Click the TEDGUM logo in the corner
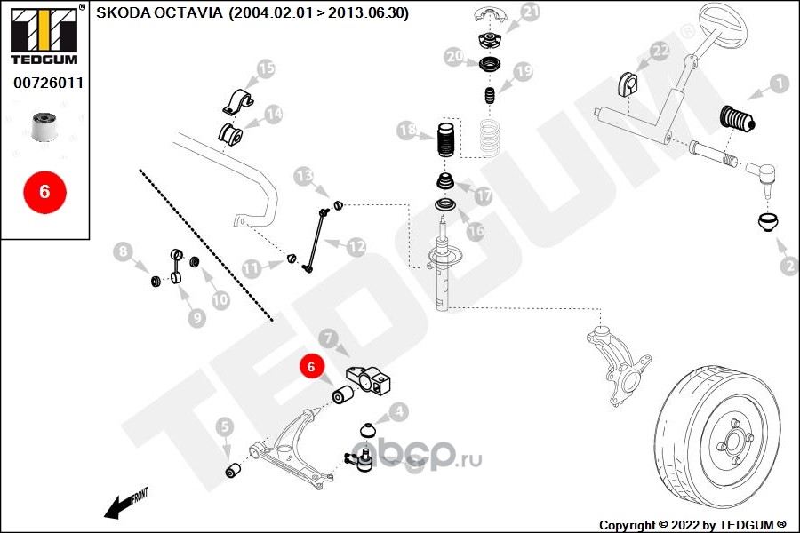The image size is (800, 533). tap(45, 35)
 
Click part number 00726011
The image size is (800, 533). tap(49, 83)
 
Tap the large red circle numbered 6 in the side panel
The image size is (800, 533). tap(45, 192)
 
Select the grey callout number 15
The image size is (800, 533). tap(266, 68)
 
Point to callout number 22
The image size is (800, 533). tap(660, 51)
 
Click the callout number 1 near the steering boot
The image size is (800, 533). tap(779, 84)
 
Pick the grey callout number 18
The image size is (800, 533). tap(407, 131)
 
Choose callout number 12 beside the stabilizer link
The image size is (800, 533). tap(356, 247)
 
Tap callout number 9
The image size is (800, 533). tap(197, 318)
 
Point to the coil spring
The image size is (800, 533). tap(489, 137)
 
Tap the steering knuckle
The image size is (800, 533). tap(618, 365)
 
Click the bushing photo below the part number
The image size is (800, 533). tap(44, 125)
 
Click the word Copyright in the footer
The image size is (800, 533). tap(627, 525)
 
